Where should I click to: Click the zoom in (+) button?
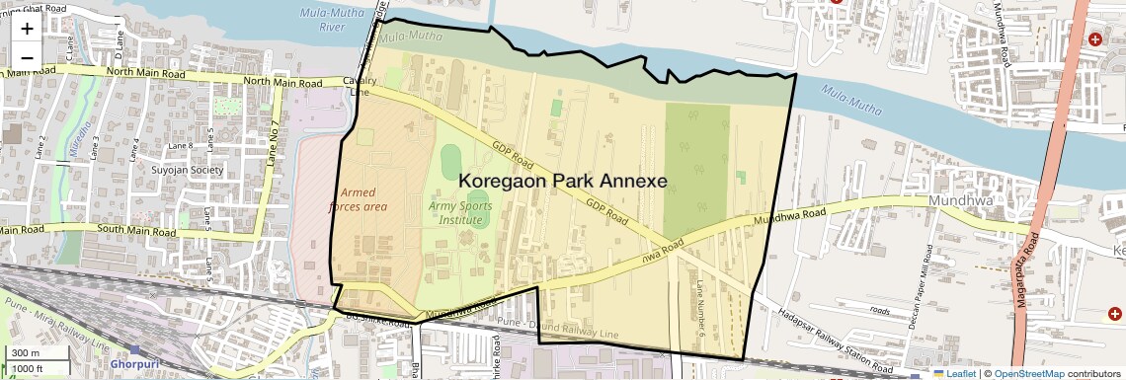[27, 29]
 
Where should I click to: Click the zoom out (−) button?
[27, 57]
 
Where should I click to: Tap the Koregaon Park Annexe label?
[563, 182]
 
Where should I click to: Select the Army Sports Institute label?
[461, 212]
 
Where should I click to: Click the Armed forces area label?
[363, 199]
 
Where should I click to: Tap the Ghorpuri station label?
[136, 363]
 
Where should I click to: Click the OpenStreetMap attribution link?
[1030, 373]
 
